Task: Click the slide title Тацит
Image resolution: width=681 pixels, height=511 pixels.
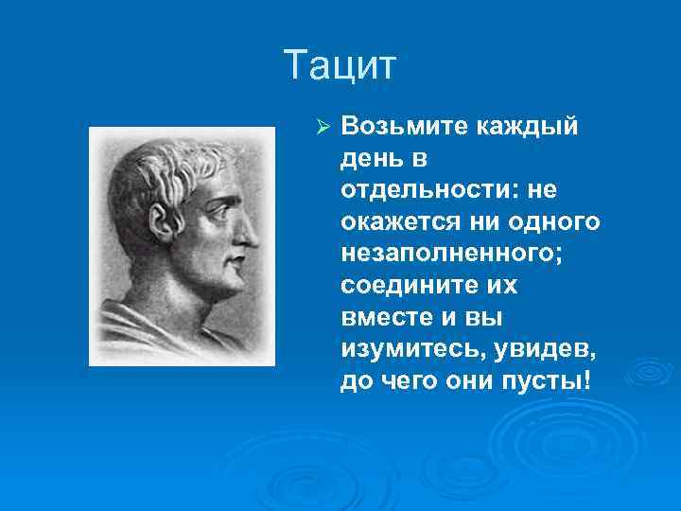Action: (x=341, y=67)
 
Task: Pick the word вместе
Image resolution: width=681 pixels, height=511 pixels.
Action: (x=382, y=318)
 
